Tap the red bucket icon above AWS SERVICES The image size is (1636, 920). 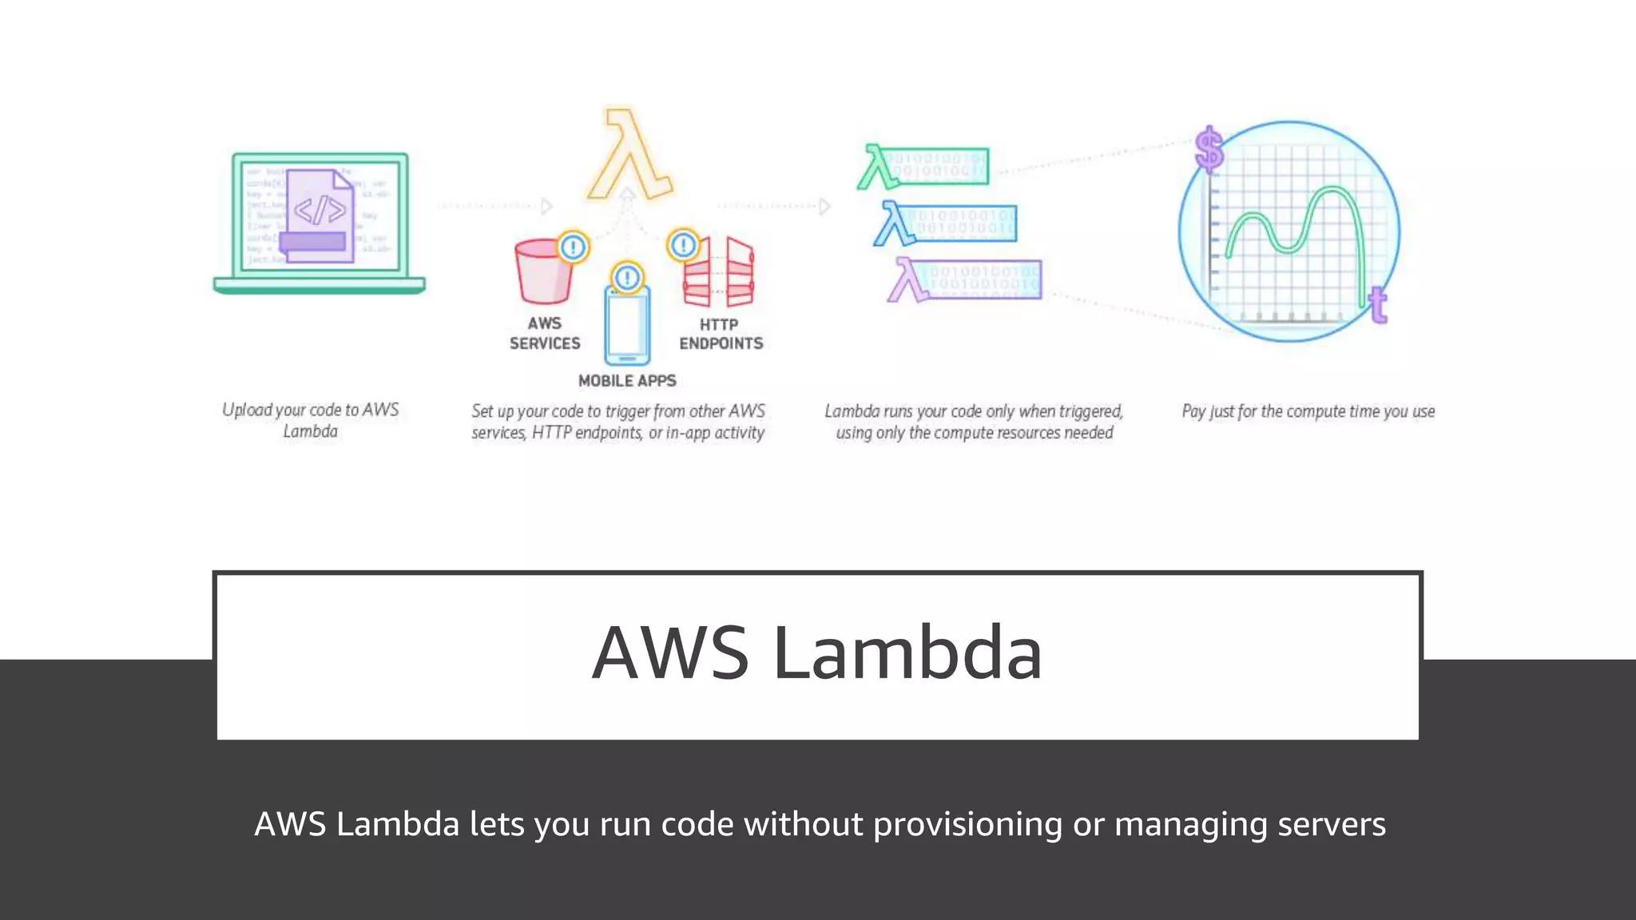pos(544,274)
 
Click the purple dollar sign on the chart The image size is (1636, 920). pos(1209,149)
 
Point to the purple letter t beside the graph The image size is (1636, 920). pos(1377,304)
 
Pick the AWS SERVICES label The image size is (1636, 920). pos(545,333)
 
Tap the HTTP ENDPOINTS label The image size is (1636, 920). pos(721,334)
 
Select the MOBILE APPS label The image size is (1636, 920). pos(627,381)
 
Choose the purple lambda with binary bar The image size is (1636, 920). pos(965,280)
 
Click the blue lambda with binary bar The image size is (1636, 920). pos(946,224)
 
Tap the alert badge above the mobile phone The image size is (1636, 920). pos(627,278)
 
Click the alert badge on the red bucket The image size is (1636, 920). pos(573,248)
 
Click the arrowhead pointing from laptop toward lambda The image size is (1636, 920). pos(547,206)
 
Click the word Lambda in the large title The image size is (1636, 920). pos(907,653)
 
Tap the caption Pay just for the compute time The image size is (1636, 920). pos(1308,411)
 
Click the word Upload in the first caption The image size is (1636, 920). pos(247,410)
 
